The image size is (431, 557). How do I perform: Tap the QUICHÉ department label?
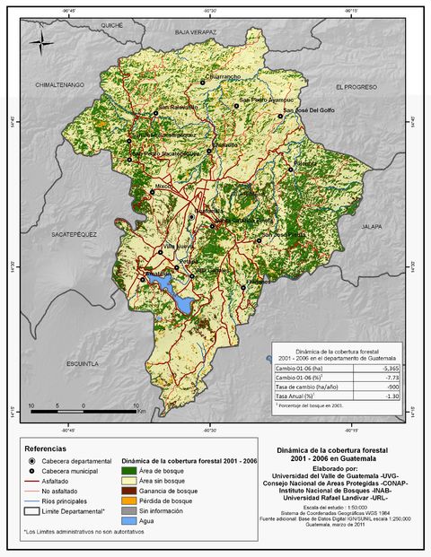tap(111, 26)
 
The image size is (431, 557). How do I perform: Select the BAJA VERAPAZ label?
tap(196, 31)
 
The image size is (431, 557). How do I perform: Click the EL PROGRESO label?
tap(355, 87)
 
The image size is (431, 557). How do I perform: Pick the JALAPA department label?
tap(372, 227)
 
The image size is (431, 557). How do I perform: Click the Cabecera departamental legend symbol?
tap(31, 459)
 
